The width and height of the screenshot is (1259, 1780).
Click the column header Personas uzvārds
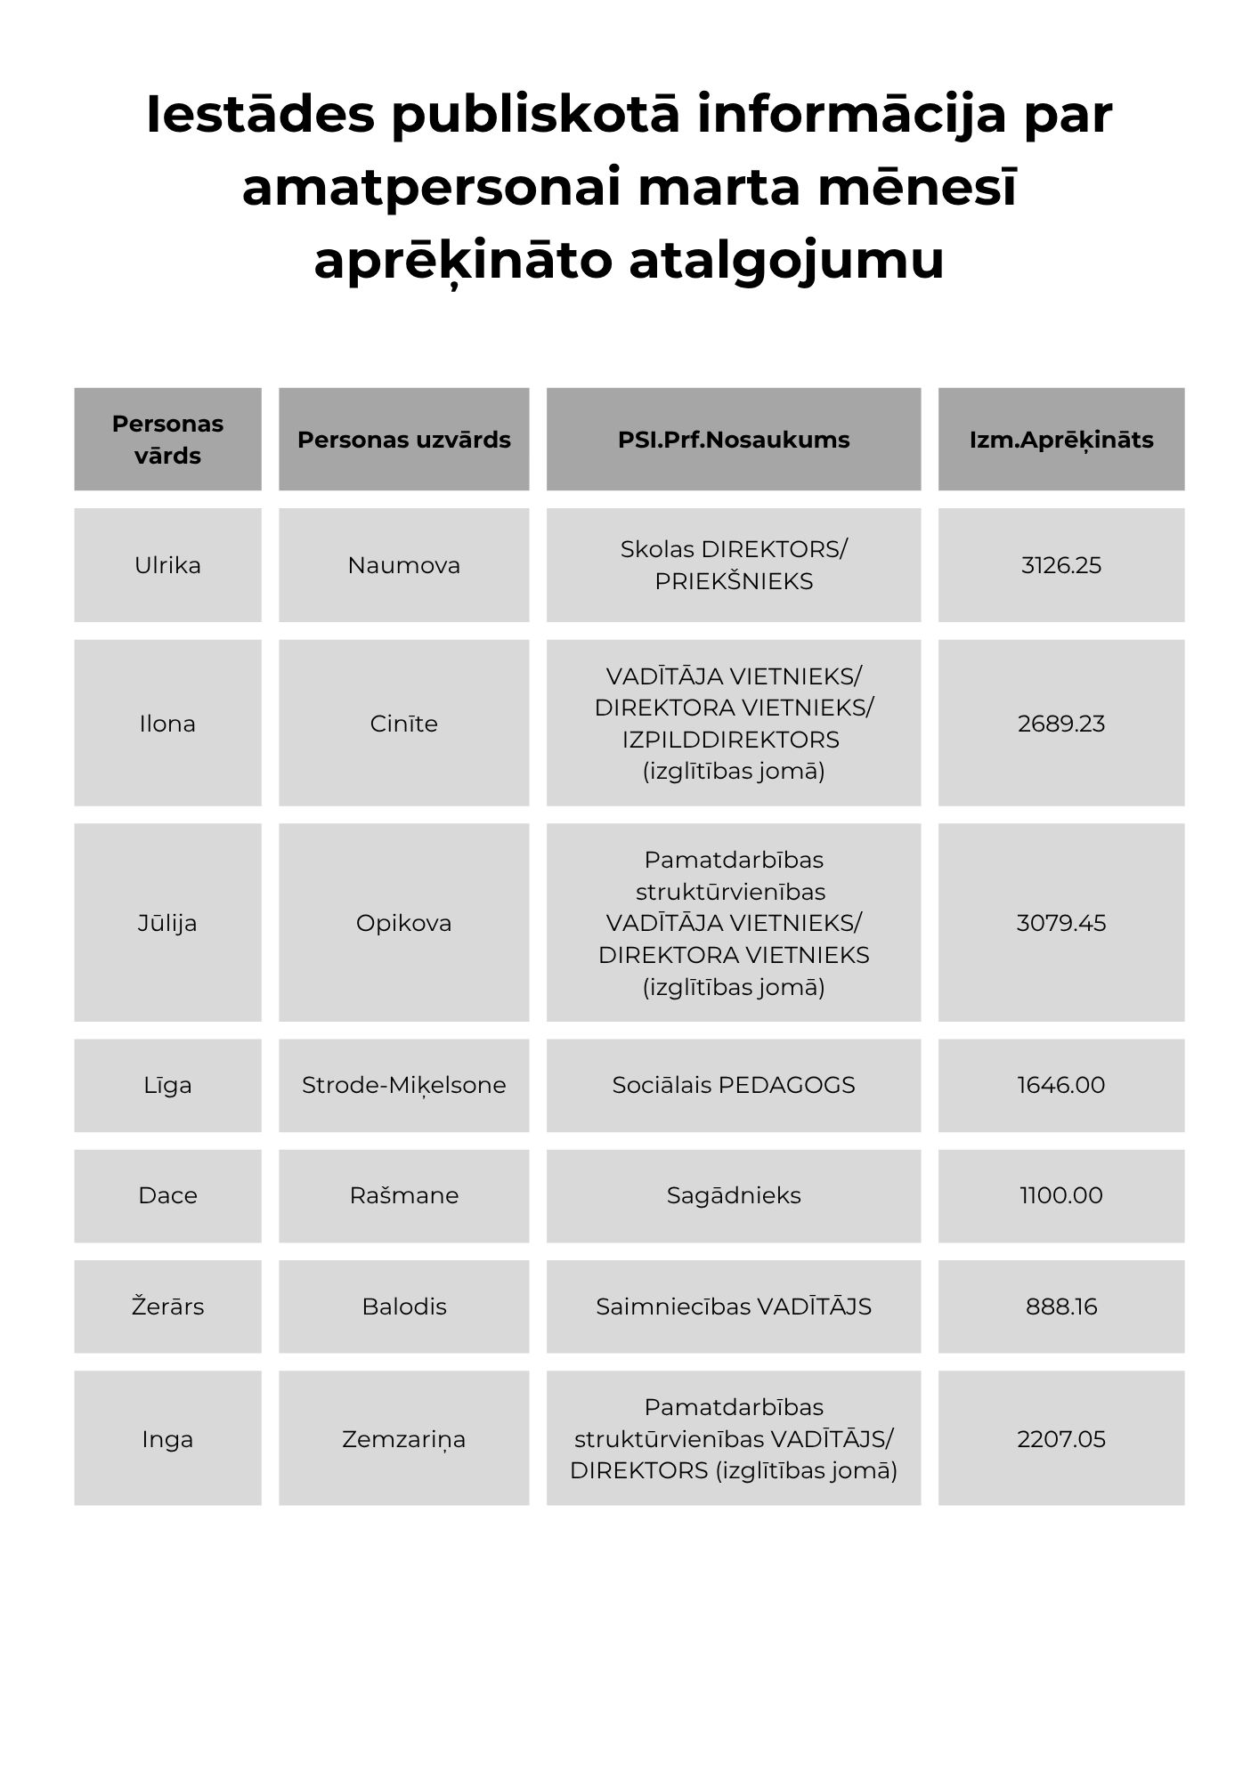403,440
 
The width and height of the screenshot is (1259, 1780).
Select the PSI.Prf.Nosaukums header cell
733,440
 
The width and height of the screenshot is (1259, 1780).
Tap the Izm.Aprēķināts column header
1060,440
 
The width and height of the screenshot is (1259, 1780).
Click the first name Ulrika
167,565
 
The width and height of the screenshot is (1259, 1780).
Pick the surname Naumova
403,565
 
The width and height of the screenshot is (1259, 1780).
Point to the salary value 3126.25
1060,565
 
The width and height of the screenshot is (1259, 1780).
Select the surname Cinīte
403,724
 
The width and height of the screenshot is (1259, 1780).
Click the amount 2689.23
1060,724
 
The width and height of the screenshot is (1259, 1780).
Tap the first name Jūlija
167,923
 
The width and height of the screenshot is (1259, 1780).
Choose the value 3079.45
1060,923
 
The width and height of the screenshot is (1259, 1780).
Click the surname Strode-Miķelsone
403,1085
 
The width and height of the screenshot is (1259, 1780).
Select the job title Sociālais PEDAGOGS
733,1085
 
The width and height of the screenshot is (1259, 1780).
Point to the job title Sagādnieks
733,1195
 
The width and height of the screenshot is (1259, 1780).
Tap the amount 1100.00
1060,1195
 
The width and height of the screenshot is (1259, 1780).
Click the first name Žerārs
167,1307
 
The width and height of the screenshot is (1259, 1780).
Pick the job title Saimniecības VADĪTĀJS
733,1307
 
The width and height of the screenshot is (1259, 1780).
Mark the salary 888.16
1060,1307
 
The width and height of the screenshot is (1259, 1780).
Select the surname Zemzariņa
403,1439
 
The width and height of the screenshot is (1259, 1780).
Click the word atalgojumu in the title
786,261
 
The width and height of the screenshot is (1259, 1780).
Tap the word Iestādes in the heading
260,115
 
